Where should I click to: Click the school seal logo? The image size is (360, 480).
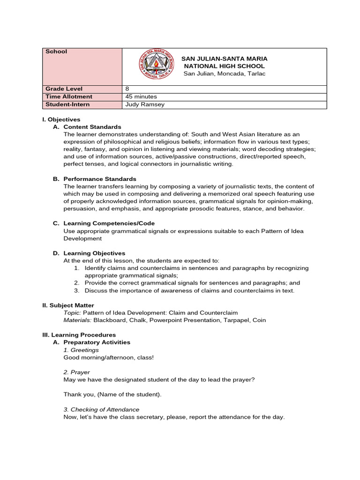[x=155, y=66]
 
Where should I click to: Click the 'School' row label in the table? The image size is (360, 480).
[x=56, y=52]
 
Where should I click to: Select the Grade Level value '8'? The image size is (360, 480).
[x=127, y=89]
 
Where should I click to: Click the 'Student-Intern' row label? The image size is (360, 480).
[x=67, y=105]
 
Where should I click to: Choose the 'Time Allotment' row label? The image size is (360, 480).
[x=69, y=97]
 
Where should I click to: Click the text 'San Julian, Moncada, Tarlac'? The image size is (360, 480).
[x=224, y=74]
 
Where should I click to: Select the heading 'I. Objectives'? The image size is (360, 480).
[x=61, y=120]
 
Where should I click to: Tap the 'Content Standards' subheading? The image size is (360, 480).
[x=92, y=127]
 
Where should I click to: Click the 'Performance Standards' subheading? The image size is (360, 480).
[x=100, y=179]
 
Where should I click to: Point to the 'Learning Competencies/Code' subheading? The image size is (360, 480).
[x=109, y=224]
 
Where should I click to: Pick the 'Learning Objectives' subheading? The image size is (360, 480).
[x=94, y=254]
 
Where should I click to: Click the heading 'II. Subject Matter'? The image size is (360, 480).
[x=68, y=305]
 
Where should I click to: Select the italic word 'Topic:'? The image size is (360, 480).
[x=72, y=313]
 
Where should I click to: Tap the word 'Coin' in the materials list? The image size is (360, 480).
[x=258, y=320]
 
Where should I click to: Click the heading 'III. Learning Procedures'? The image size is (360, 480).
[x=79, y=335]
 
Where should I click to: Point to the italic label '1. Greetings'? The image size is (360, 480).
[x=81, y=350]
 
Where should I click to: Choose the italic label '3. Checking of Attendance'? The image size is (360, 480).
[x=101, y=410]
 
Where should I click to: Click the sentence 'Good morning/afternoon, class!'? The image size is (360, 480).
[x=109, y=358]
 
